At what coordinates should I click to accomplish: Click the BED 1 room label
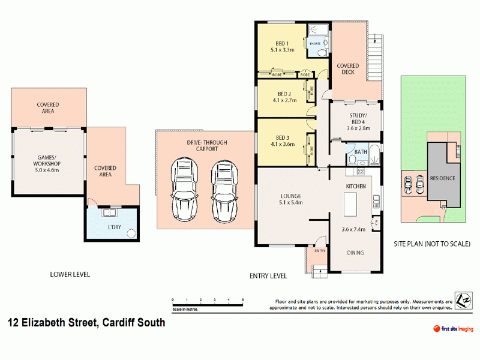[x=281, y=44]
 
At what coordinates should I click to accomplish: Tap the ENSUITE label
[x=314, y=44]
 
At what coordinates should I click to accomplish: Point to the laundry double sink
[x=111, y=212]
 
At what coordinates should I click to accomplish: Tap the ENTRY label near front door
[x=319, y=251]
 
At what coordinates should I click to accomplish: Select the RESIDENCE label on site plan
[x=442, y=179]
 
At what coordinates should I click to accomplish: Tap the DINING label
[x=355, y=253]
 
